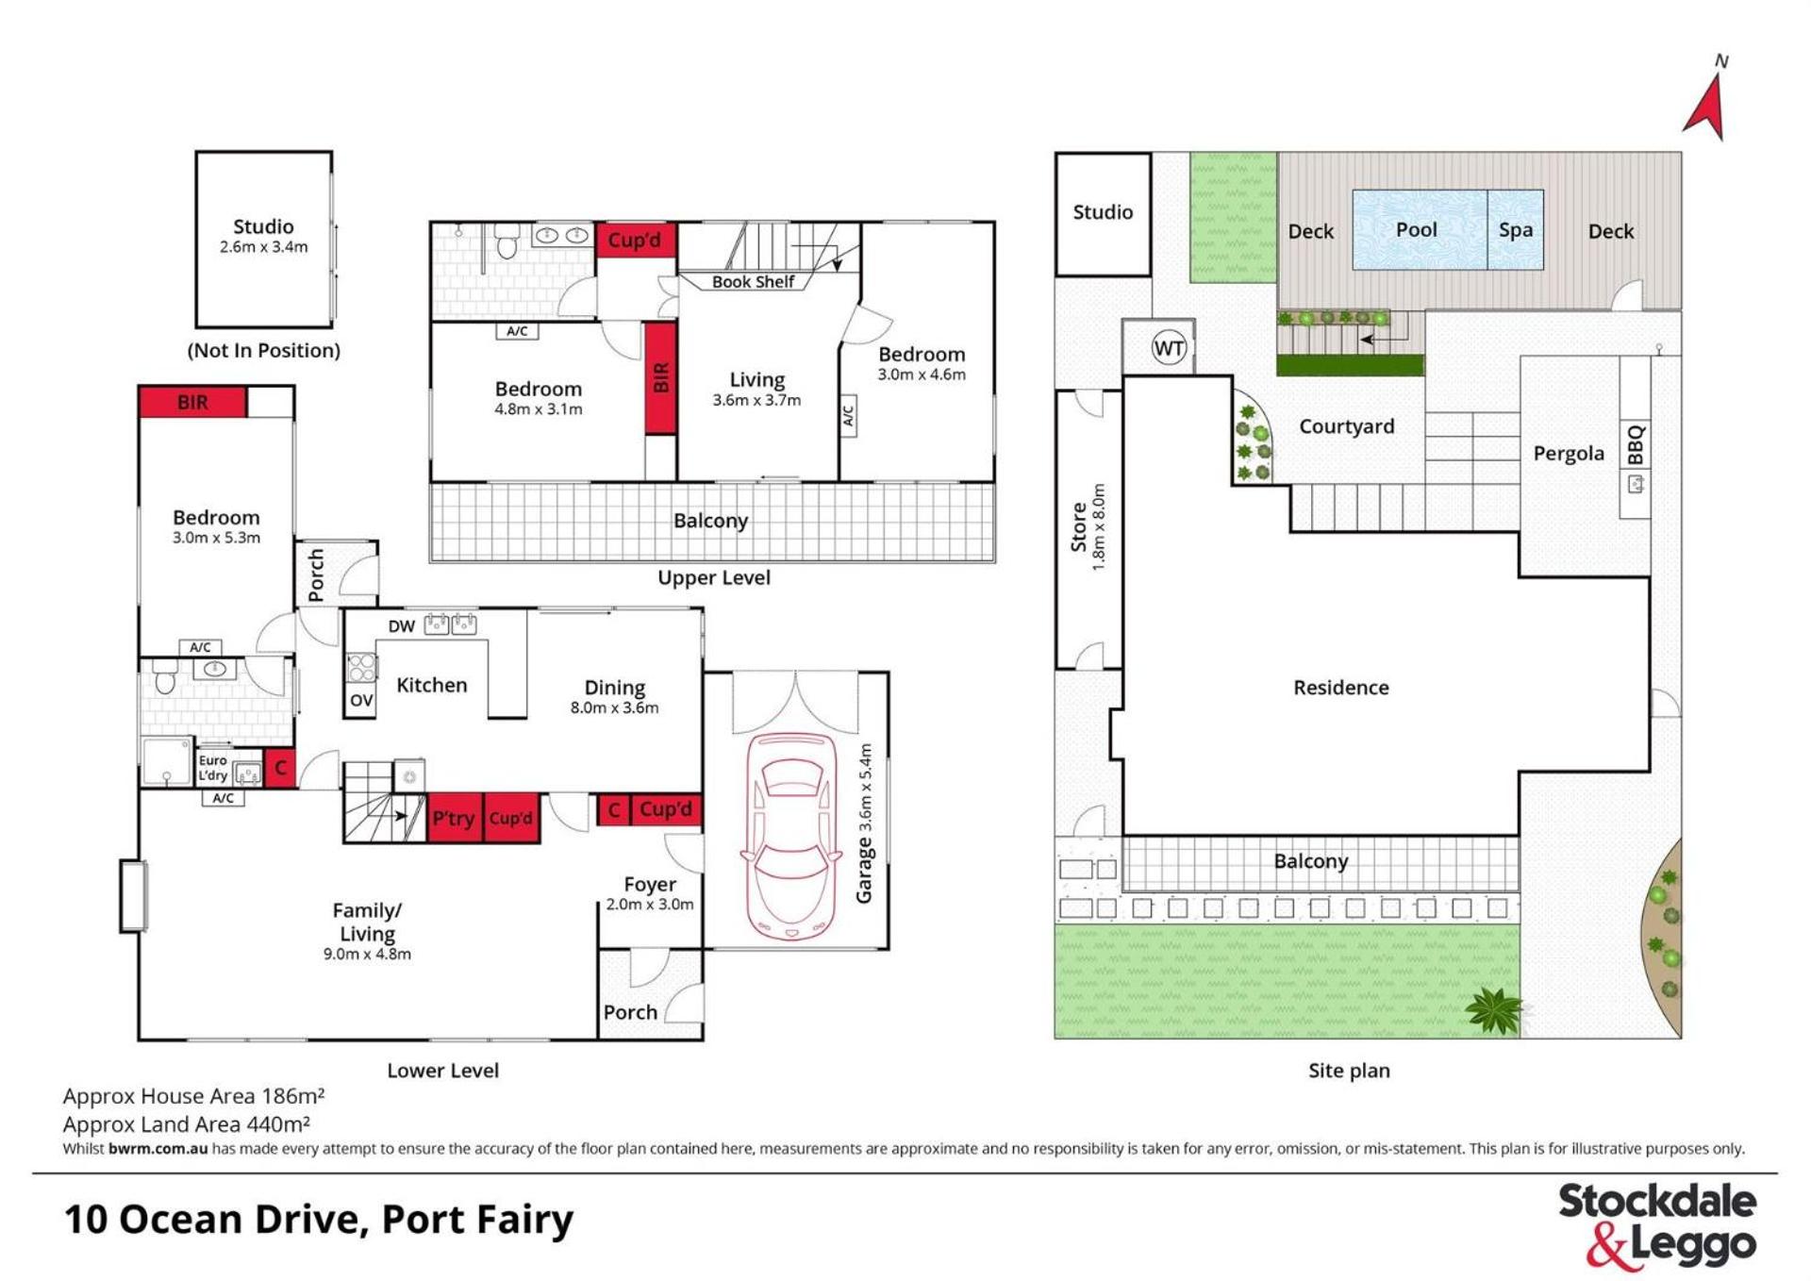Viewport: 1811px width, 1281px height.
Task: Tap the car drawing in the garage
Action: coord(790,837)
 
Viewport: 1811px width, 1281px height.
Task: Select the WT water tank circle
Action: coord(1169,348)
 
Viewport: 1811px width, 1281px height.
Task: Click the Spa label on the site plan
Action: coord(1516,230)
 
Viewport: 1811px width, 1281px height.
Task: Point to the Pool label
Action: coord(1417,229)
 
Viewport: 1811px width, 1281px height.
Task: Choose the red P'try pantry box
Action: coord(454,818)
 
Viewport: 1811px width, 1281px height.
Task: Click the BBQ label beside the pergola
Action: coord(1636,444)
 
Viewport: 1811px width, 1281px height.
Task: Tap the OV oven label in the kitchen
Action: coord(361,700)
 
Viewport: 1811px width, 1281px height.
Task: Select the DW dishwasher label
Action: coord(402,626)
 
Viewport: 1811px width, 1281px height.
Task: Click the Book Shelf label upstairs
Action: coord(753,281)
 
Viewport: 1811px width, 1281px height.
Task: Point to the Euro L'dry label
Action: coord(213,768)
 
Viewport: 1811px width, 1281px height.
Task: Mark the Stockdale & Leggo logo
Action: coord(1657,1225)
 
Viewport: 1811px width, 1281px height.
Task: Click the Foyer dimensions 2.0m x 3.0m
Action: coord(650,904)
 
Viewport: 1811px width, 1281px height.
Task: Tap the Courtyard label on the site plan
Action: coord(1347,426)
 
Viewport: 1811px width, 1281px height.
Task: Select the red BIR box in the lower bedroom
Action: coord(192,402)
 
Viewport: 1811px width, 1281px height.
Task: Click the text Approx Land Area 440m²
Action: coord(187,1123)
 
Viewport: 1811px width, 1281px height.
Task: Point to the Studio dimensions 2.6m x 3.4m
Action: coord(264,247)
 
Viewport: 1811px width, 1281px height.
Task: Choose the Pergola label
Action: coord(1569,454)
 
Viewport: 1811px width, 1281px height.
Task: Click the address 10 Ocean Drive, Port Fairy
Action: coord(319,1220)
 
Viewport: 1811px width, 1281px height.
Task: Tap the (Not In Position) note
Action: coord(264,351)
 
